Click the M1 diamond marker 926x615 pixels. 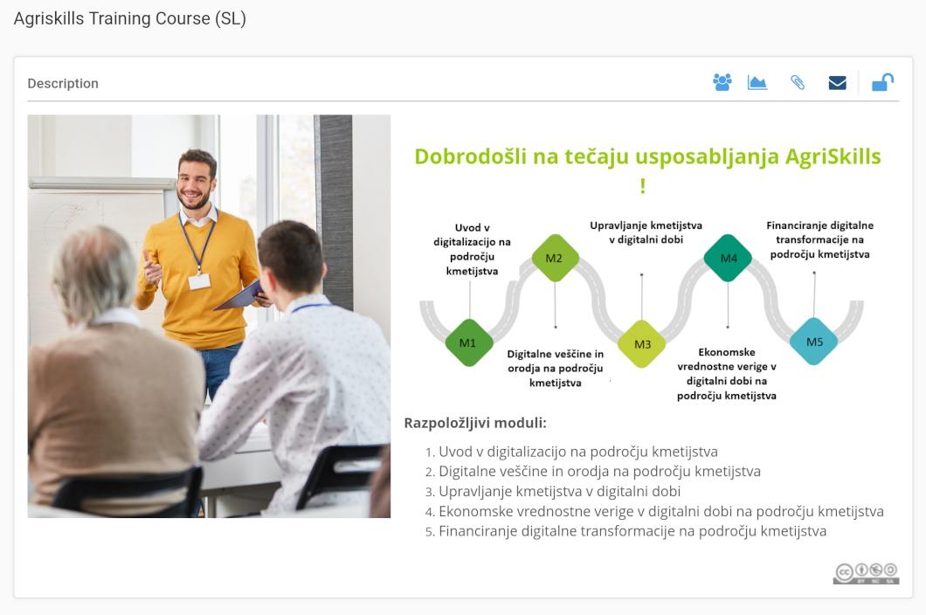(468, 342)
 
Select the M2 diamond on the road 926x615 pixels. (555, 259)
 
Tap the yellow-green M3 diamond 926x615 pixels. (642, 344)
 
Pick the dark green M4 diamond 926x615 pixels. (729, 259)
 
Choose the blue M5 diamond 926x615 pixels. (814, 342)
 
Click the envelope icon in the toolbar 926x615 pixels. (838, 83)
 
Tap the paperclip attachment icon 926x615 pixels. (798, 83)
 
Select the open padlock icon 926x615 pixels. (883, 82)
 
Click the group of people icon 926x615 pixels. (722, 82)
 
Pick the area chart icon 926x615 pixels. (757, 83)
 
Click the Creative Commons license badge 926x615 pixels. (867, 573)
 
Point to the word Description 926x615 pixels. (63, 83)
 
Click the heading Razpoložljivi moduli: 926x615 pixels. (475, 423)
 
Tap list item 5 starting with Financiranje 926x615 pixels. (626, 531)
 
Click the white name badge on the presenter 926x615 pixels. (199, 280)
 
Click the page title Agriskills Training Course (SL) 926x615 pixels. (130, 19)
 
